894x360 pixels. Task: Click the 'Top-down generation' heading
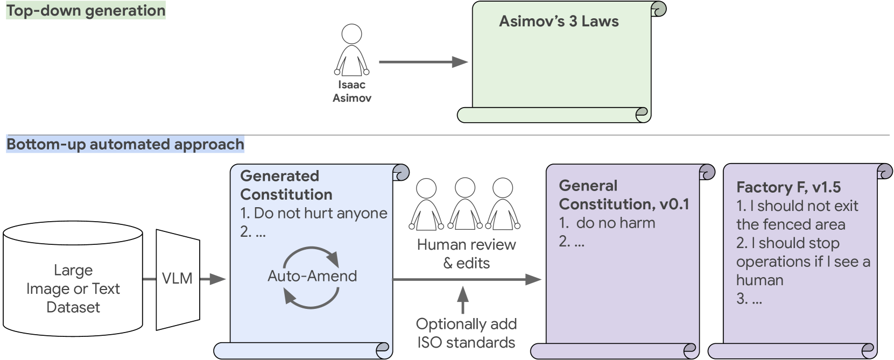86,11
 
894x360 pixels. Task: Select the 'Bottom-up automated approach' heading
125,144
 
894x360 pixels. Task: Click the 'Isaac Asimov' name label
351,91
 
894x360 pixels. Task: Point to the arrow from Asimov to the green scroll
423,62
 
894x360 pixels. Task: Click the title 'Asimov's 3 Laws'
558,22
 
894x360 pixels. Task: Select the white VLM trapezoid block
178,279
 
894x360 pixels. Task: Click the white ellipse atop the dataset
73,233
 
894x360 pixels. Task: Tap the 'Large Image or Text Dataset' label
73,288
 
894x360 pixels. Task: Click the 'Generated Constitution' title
286,185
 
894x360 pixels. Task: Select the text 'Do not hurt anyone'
320,213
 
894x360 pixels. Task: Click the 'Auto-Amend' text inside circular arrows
312,276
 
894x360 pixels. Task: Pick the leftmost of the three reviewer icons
426,205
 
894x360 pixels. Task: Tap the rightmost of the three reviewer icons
503,205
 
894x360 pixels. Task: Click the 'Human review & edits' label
466,253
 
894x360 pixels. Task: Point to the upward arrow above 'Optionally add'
463,300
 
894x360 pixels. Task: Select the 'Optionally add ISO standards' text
466,333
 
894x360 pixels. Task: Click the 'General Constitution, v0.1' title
623,195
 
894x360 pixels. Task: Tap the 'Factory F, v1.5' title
788,187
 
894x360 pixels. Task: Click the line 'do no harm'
615,223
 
